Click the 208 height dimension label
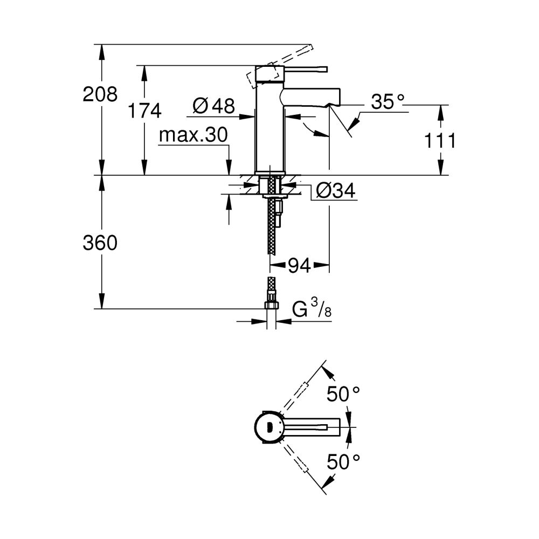[x=100, y=94]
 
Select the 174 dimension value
[x=144, y=111]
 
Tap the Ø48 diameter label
[x=213, y=106]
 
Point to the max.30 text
[x=194, y=135]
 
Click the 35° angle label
[x=387, y=102]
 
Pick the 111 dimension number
[x=439, y=141]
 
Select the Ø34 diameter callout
[x=335, y=190]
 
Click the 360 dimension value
[x=100, y=243]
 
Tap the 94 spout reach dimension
[x=299, y=265]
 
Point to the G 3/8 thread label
[x=312, y=310]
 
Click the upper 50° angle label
[x=343, y=395]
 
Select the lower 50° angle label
[x=343, y=461]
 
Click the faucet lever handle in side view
[x=305, y=69]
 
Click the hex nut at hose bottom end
[x=272, y=306]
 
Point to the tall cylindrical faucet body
[x=269, y=129]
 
